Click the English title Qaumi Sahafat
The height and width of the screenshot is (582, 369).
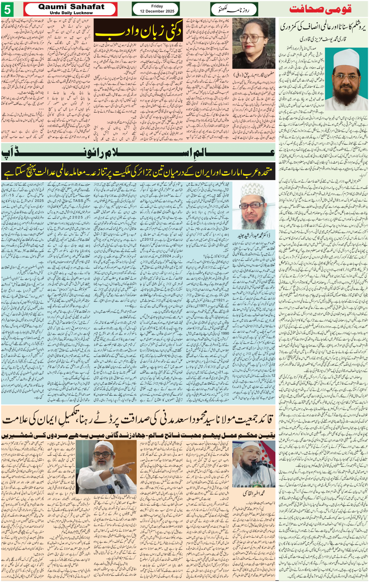[71, 7]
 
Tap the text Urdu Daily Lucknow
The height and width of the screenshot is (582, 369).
[71, 13]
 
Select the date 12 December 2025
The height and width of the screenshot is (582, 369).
[157, 11]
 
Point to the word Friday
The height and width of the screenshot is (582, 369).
[157, 6]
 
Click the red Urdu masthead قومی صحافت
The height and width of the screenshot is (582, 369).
[320, 9]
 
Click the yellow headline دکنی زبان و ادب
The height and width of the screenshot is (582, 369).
[139, 30]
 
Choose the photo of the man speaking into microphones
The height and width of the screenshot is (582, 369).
[253, 464]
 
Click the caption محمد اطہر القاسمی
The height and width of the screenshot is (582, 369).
[254, 493]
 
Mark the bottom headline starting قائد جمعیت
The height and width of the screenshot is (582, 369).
[138, 420]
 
